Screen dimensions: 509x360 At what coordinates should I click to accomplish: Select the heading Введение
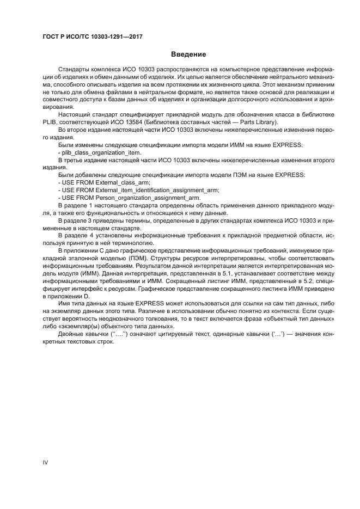[x=188, y=54]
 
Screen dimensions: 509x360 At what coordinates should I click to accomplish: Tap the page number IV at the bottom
[x=45, y=462]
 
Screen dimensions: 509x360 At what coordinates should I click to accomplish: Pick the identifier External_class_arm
[x=122, y=182]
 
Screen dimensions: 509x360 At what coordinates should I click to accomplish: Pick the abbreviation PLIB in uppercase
[x=51, y=122]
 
